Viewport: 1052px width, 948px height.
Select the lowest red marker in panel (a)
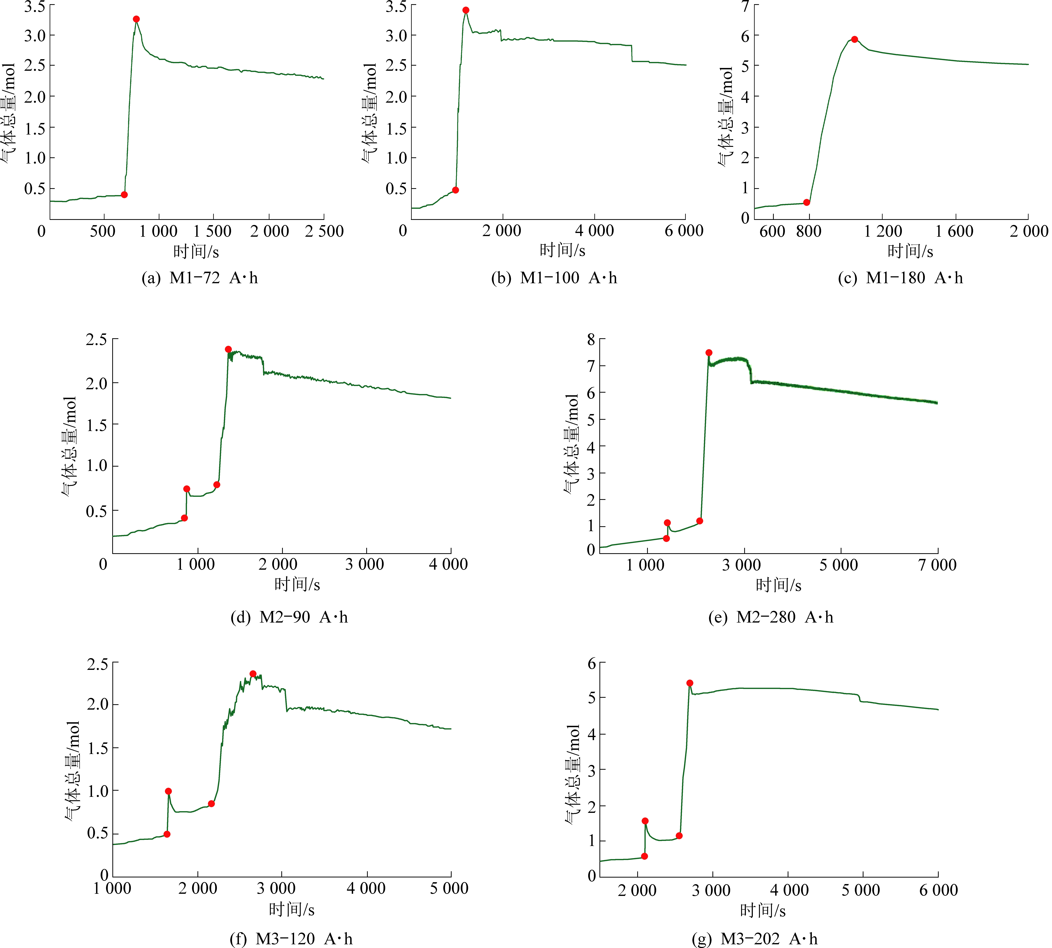124,195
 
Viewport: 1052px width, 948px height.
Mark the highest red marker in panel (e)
709,353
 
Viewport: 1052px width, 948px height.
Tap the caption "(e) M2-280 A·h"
771,617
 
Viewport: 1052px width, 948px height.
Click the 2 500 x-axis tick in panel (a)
324,231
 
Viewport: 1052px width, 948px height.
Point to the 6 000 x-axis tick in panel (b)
684,231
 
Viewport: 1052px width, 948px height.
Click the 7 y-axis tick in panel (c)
746,6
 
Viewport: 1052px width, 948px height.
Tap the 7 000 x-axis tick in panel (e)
937,565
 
